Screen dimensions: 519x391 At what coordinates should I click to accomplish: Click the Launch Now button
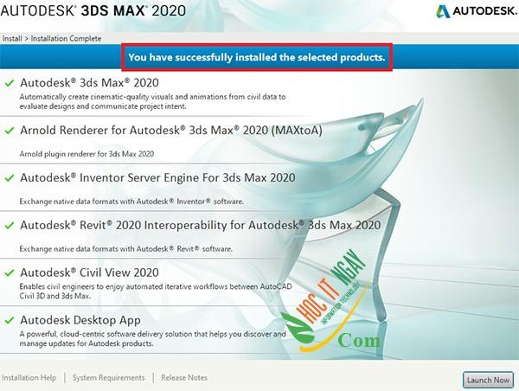coord(488,380)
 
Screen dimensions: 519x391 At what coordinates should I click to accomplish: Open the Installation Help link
coord(29,378)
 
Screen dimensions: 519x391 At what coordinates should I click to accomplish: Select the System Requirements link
coord(109,378)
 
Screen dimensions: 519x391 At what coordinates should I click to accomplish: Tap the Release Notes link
coord(184,378)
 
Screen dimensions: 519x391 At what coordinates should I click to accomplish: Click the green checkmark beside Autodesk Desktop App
coord(10,320)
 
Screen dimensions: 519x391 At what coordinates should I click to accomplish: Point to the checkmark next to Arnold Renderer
coord(10,130)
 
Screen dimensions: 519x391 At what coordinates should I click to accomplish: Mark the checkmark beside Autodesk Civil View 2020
coord(10,272)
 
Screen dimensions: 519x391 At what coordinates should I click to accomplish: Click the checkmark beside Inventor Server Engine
coord(10,178)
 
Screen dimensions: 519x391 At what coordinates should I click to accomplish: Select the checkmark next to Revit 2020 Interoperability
coord(10,226)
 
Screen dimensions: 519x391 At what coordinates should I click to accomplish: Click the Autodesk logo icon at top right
coord(443,11)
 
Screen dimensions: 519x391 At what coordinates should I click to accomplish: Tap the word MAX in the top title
coord(129,10)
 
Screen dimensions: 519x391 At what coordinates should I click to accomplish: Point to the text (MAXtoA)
coord(297,131)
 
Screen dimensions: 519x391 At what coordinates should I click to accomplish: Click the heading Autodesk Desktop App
coord(80,320)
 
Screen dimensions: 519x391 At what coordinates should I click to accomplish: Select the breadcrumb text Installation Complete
coord(66,39)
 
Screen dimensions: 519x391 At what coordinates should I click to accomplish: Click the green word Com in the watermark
coord(359,340)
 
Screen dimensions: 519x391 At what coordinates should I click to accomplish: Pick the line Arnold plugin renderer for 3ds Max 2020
coord(86,154)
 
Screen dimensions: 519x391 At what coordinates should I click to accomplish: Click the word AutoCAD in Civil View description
coord(276,286)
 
